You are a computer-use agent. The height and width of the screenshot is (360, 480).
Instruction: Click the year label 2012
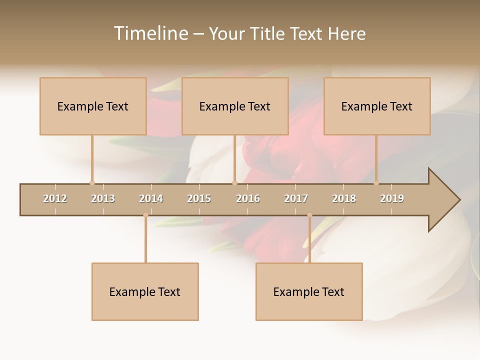coord(55,198)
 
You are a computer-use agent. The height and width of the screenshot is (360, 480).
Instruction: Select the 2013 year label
coord(103,198)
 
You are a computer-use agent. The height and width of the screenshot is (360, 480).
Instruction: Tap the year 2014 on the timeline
coord(151,198)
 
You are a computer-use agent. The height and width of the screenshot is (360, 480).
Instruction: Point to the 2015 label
coord(199,198)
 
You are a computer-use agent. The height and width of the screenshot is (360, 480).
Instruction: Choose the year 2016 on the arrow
coord(248,198)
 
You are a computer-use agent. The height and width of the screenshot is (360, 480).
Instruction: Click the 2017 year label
coord(296,198)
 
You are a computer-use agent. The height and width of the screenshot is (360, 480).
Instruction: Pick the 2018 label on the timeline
coord(344,198)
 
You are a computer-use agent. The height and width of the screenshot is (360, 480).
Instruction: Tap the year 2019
coord(392,198)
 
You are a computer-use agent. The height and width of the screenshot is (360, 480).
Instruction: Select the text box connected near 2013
coord(93,106)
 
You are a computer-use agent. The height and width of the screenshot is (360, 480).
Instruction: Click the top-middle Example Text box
coord(235,106)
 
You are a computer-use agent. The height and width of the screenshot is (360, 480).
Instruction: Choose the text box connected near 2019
coord(377,106)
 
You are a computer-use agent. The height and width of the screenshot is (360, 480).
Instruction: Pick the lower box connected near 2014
coord(145,291)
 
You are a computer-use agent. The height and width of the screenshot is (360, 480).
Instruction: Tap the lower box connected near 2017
coord(309,291)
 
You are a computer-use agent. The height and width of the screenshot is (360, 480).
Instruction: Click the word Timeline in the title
coord(149,33)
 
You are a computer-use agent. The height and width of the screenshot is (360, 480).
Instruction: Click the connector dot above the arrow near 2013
coord(92,183)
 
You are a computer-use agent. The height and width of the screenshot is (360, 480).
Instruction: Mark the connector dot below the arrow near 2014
coord(145,215)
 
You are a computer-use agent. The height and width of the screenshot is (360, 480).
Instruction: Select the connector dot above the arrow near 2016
coord(234,183)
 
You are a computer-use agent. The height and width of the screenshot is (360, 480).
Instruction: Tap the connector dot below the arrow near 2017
coord(309,215)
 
